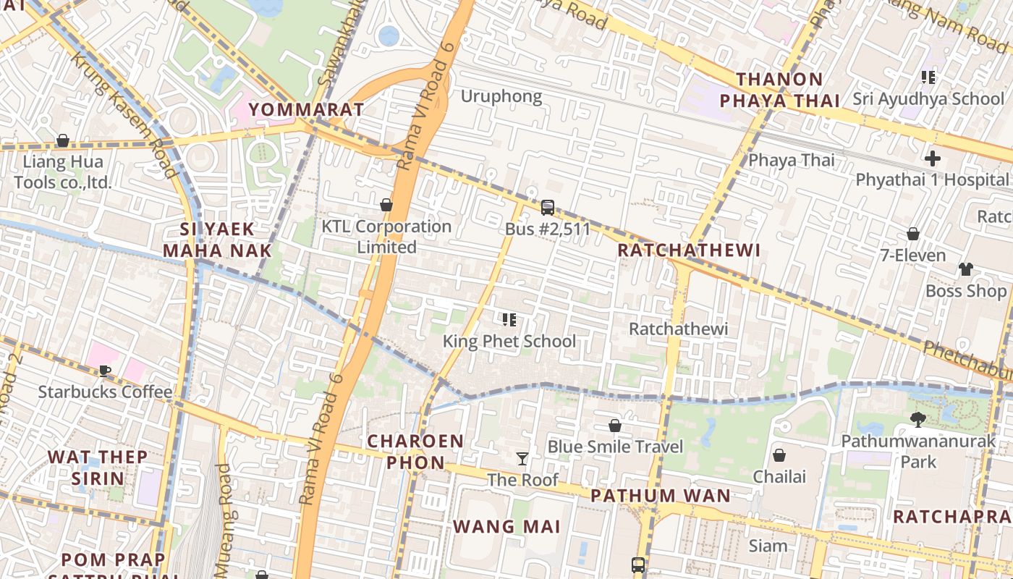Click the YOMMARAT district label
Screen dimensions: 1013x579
point(306,110)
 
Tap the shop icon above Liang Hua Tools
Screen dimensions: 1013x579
point(63,140)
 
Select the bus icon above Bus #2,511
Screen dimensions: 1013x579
point(548,208)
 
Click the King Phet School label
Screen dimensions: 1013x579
point(509,341)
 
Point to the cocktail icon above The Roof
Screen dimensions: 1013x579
point(522,458)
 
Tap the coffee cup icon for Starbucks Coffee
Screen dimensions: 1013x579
point(105,371)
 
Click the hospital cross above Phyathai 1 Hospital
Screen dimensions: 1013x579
point(933,159)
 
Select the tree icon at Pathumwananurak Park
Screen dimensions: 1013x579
point(918,419)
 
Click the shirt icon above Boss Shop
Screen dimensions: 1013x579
point(966,269)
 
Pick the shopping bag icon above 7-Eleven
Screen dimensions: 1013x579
point(913,234)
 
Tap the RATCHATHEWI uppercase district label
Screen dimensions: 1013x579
point(689,250)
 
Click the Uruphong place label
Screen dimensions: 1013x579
point(501,96)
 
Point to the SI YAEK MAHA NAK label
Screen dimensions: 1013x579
point(217,240)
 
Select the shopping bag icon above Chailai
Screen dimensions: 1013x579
point(779,455)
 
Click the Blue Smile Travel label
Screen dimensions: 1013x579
point(615,447)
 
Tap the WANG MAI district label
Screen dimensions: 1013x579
point(507,526)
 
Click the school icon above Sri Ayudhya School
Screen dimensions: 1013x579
point(928,77)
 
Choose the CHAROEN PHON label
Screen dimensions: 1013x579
point(415,452)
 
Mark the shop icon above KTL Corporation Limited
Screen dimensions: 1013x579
point(386,206)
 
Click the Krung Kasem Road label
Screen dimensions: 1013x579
point(123,116)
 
